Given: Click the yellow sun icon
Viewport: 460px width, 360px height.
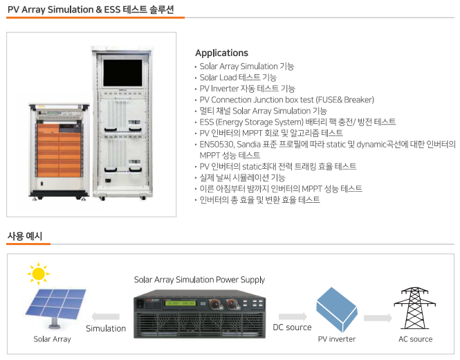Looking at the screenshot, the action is (x=39, y=273).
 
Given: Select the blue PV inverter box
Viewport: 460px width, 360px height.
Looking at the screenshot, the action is (x=337, y=309).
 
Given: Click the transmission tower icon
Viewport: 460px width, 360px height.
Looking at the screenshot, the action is (x=414, y=308).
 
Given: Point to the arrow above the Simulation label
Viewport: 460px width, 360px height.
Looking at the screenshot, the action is (x=106, y=316).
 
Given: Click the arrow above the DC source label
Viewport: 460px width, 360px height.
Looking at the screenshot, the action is (x=293, y=316).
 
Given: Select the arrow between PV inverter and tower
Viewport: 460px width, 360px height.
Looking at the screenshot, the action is (x=378, y=318).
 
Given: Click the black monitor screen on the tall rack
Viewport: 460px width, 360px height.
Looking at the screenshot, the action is (x=122, y=73).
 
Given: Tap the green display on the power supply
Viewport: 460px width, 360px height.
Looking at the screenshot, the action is (x=180, y=303).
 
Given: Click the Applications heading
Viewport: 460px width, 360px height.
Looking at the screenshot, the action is (x=222, y=53).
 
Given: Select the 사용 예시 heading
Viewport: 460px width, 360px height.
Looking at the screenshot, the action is (x=25, y=236).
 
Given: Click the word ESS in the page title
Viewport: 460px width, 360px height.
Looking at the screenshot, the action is (x=112, y=10).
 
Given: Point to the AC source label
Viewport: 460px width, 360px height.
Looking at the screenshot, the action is (x=416, y=339).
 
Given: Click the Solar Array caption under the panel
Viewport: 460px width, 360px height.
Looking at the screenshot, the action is (x=52, y=339).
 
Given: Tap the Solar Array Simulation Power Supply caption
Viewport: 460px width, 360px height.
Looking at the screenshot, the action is (x=199, y=280).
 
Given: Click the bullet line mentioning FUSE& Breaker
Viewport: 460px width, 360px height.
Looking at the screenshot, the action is (x=287, y=100).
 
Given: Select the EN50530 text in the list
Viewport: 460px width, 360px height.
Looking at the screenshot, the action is (x=217, y=145).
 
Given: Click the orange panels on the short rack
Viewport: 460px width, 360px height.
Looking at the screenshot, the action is (x=59, y=150).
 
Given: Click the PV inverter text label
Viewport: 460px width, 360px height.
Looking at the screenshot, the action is (x=337, y=339).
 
